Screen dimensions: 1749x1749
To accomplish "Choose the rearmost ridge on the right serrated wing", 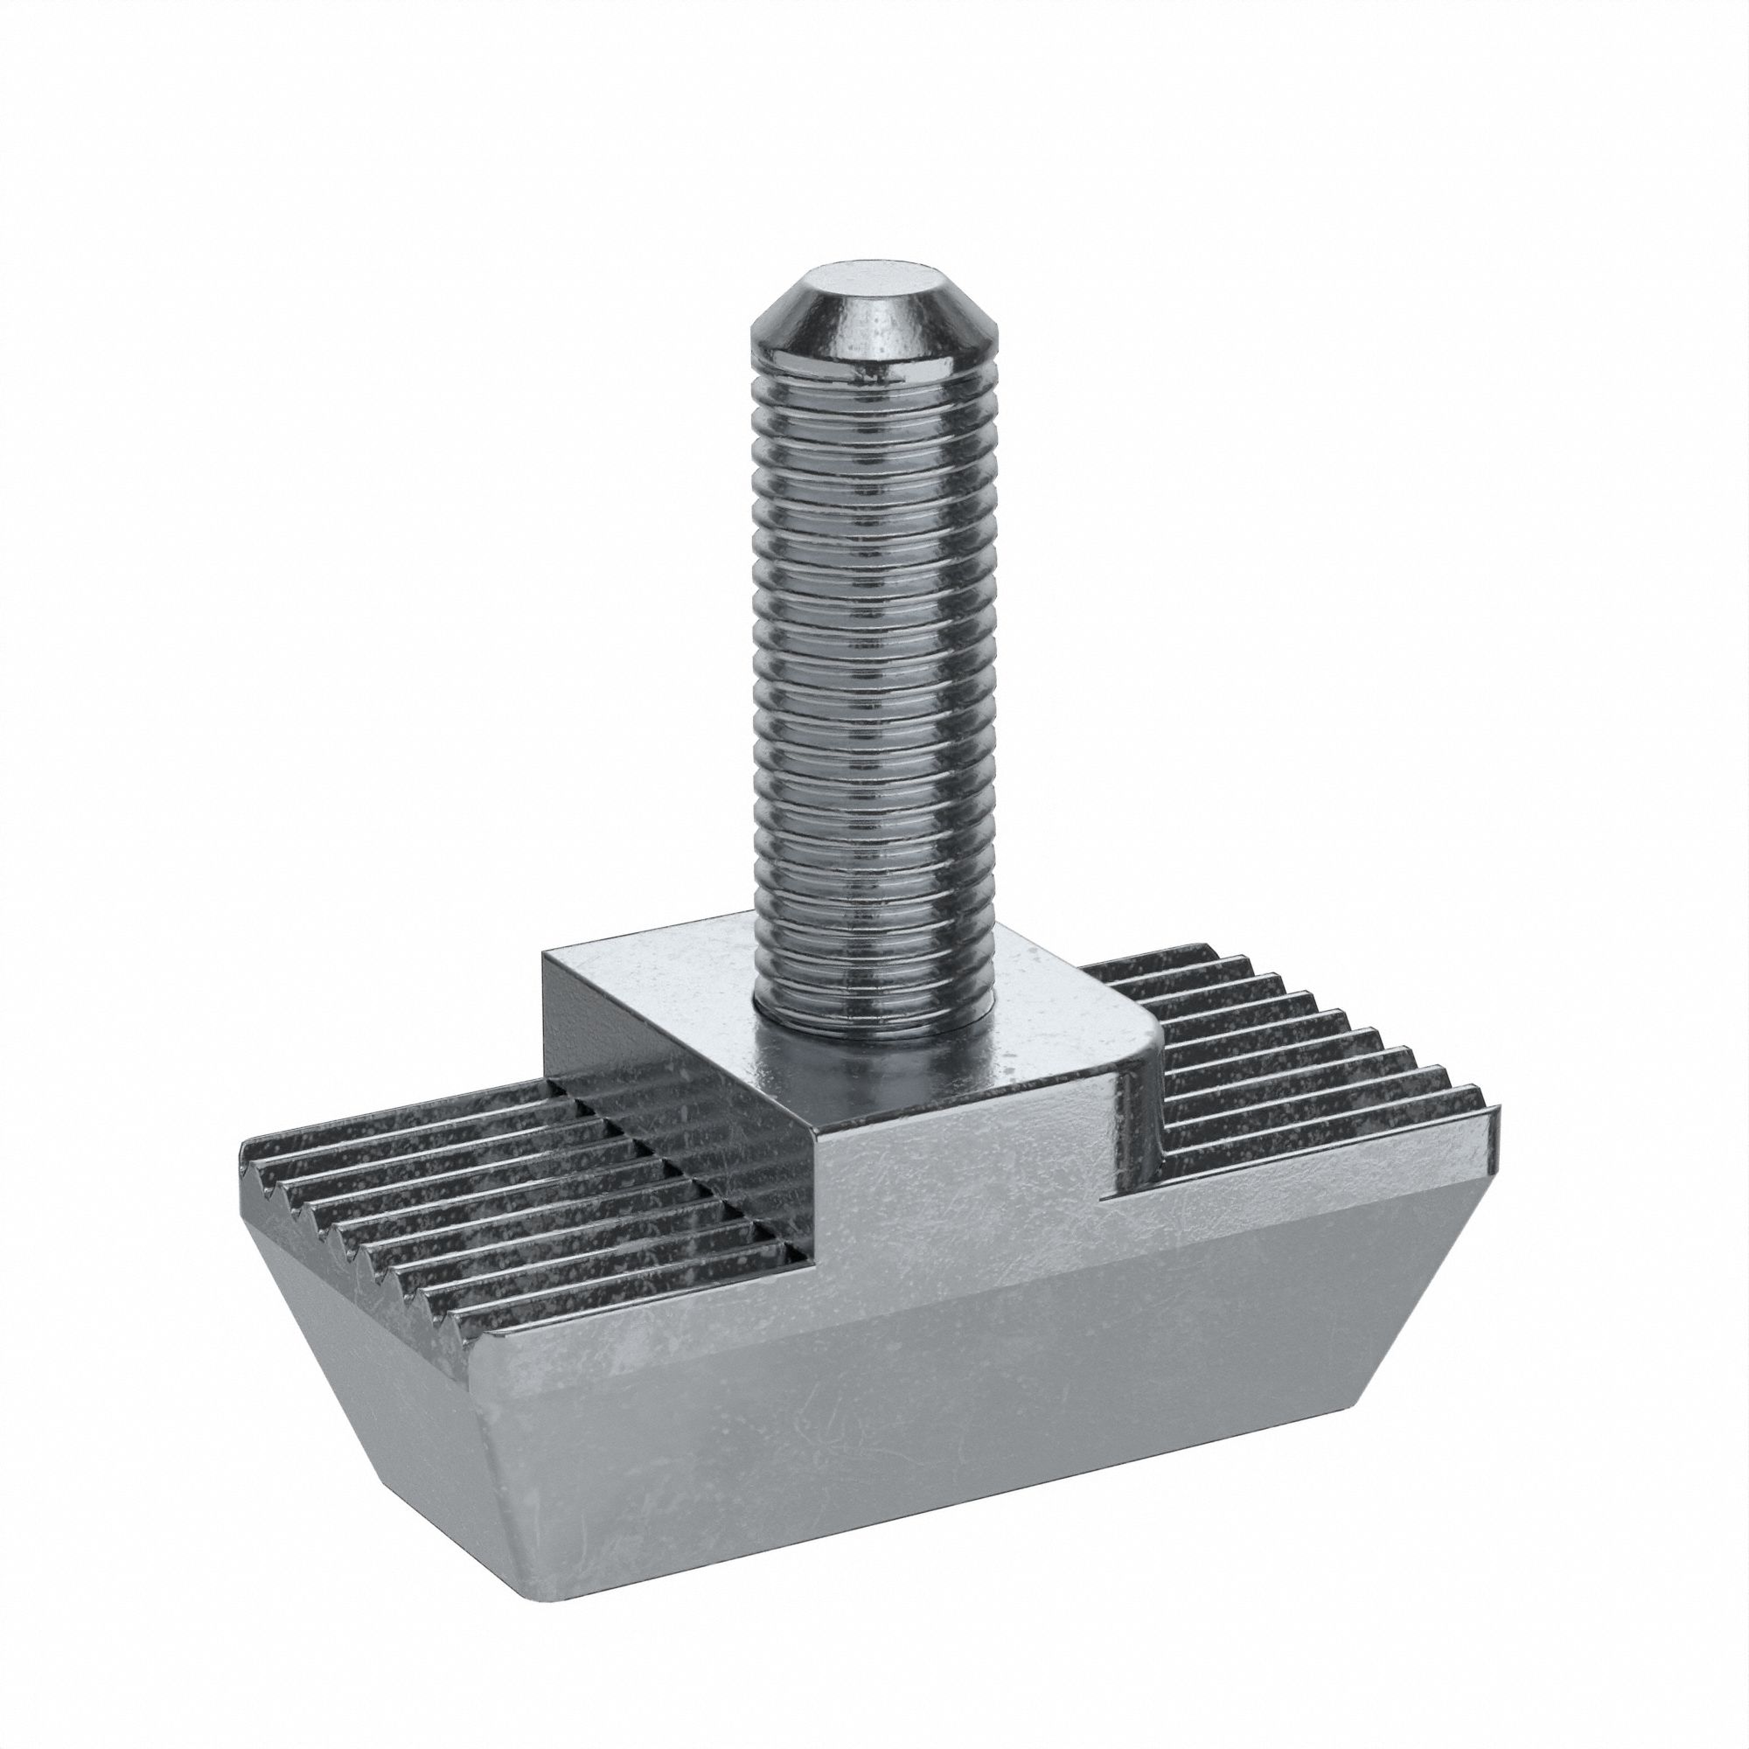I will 1150,955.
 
